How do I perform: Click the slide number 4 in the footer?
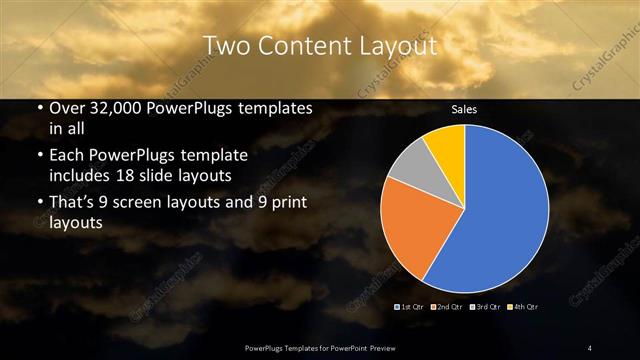590,347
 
